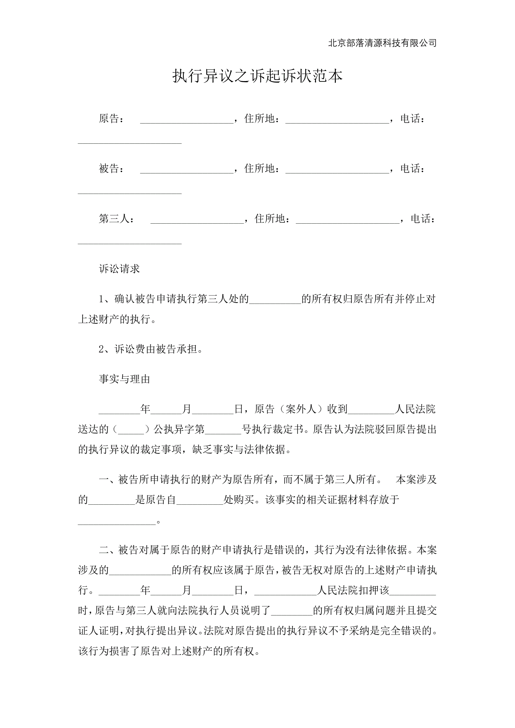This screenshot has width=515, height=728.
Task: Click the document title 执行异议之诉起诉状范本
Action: pos(257,76)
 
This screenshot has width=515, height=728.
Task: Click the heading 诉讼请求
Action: pos(119,269)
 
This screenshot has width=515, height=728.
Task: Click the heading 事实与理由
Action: pos(124,379)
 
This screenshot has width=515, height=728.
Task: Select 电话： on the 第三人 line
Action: pos(423,219)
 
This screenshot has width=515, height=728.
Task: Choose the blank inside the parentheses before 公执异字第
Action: pos(131,430)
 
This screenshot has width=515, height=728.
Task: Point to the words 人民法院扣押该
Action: pos(353,590)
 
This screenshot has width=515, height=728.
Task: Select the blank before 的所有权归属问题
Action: pos(292,610)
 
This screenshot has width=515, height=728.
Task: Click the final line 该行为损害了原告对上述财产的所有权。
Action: pos(169,651)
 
